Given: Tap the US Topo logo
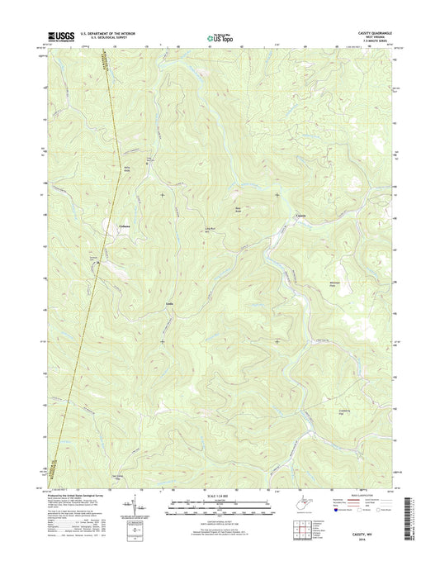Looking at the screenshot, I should (219, 36).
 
